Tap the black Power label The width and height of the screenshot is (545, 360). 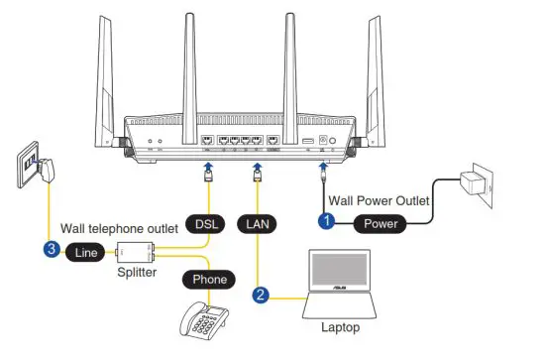coord(381,224)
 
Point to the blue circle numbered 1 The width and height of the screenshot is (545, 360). coord(325,223)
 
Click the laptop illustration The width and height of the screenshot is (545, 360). coord(339,285)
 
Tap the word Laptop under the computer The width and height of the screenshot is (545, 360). coord(340,325)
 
